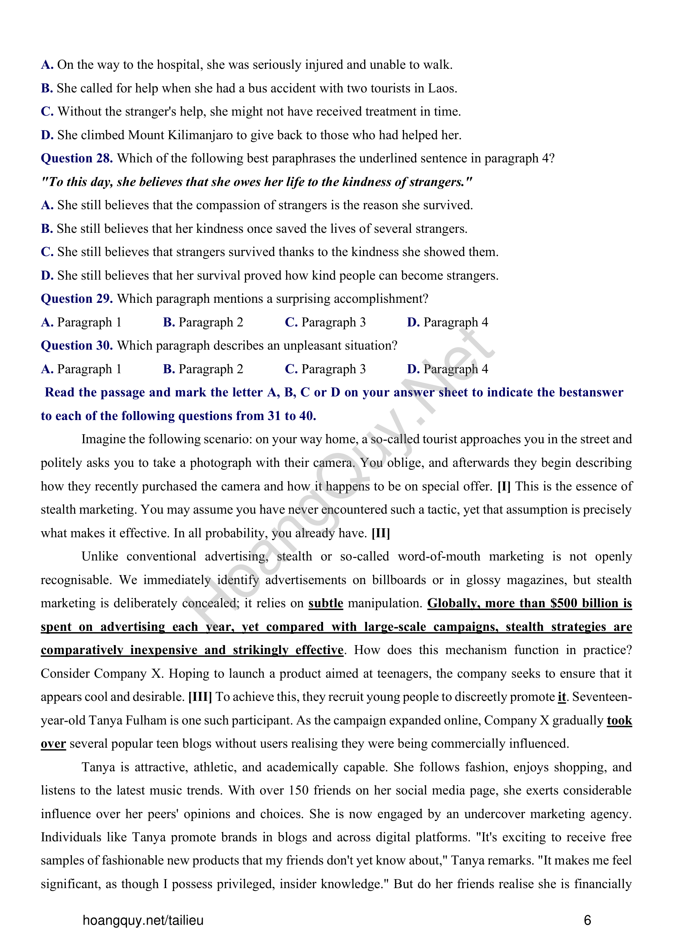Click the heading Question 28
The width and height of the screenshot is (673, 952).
pyautogui.click(x=76, y=158)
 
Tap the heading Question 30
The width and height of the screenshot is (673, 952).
pyautogui.click(x=76, y=346)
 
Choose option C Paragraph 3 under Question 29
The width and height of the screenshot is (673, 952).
pyautogui.click(x=326, y=322)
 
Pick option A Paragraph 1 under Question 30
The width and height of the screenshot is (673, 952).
pyautogui.click(x=81, y=369)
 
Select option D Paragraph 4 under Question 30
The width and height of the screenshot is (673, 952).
pyautogui.click(x=448, y=369)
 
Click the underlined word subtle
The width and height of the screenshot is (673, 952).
pyautogui.click(x=326, y=603)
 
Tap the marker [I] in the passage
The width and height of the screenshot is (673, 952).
pyautogui.click(x=504, y=486)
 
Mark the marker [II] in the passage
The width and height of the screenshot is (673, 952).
pyautogui.click(x=381, y=533)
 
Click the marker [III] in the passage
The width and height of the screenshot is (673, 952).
pyautogui.click(x=200, y=696)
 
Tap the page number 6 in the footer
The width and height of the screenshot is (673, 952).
pyautogui.click(x=587, y=921)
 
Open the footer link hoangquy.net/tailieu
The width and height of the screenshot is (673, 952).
pyautogui.click(x=143, y=921)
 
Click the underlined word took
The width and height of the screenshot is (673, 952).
pyautogui.click(x=619, y=720)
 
